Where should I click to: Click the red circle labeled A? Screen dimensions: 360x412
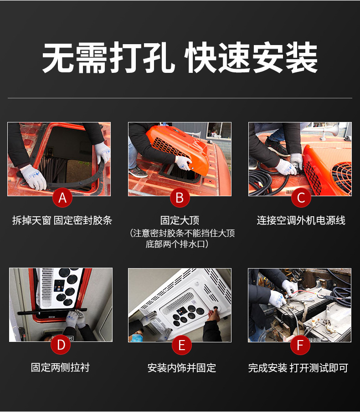[x=62, y=198]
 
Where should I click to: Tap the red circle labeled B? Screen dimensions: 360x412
[x=180, y=198]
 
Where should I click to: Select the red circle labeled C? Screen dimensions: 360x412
[x=301, y=198]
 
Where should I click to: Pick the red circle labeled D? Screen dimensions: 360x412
[x=61, y=345]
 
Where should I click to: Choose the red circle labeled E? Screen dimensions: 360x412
[x=182, y=345]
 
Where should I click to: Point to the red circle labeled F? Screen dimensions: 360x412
[x=300, y=345]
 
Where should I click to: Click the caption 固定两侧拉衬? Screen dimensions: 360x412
[x=60, y=367]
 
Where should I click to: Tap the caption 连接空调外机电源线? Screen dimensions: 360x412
[x=301, y=220]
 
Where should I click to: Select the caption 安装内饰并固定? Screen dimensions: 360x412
[x=182, y=368]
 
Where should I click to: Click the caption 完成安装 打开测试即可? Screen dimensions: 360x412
[x=298, y=368]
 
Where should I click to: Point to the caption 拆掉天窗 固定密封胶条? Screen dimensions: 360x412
[x=62, y=220]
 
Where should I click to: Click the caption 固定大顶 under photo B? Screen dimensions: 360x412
[x=180, y=220]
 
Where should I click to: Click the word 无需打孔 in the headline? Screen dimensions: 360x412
[x=108, y=57]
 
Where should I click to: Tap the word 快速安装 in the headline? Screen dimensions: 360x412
[x=251, y=57]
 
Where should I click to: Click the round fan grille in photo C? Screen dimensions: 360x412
[x=342, y=178]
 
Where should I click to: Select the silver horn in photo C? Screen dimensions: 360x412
[x=329, y=132]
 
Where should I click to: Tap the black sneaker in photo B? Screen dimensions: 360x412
[x=138, y=172]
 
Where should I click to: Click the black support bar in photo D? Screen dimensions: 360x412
[x=52, y=312]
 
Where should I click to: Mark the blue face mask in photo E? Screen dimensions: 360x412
[x=136, y=338]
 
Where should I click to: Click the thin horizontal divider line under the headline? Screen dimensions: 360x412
[x=180, y=98]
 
